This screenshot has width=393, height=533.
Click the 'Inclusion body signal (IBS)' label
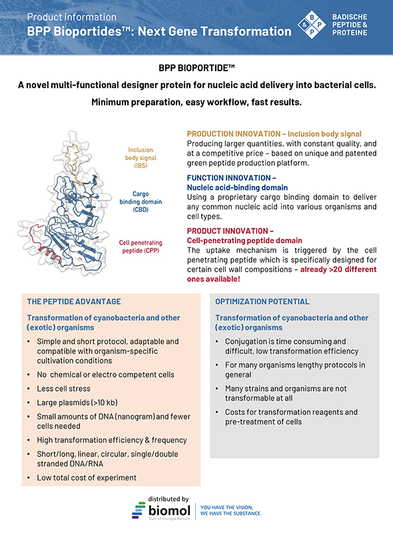(x=141, y=157)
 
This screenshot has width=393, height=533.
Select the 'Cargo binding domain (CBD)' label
(x=140, y=201)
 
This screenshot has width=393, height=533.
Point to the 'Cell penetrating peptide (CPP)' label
(x=140, y=247)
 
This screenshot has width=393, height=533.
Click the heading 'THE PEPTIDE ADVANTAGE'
(x=74, y=302)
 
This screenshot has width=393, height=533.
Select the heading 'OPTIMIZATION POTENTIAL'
(x=262, y=302)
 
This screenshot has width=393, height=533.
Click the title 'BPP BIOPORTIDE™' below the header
(x=196, y=69)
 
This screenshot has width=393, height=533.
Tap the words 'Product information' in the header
(x=72, y=17)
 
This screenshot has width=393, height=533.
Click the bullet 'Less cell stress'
(x=64, y=388)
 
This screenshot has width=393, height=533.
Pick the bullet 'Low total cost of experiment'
(x=87, y=477)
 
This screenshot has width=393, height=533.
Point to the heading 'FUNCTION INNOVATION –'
(x=231, y=178)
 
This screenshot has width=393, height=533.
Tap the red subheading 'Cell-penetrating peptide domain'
(x=244, y=241)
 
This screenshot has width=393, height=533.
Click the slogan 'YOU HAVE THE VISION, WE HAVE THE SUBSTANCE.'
(x=231, y=510)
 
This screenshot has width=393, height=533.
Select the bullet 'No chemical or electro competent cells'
(x=105, y=374)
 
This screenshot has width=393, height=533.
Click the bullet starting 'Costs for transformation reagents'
(x=291, y=416)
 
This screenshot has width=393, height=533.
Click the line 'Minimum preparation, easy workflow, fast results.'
(x=196, y=103)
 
